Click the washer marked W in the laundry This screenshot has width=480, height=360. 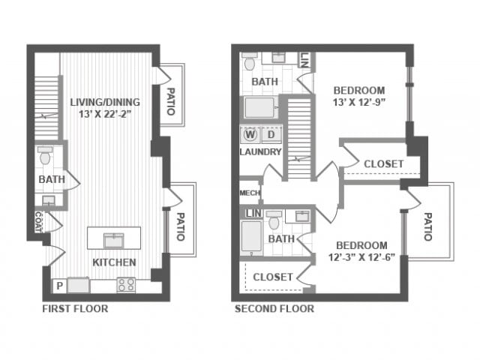pos(250,135)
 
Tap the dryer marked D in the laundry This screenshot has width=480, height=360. pos(271,135)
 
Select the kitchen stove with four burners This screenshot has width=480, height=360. pos(126,285)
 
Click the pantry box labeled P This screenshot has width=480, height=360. pos(60,286)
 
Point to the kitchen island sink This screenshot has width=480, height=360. pos(114,240)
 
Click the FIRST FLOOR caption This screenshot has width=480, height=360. pos(75,308)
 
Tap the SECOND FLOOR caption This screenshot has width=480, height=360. pos(274,308)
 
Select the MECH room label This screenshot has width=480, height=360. pos(250,193)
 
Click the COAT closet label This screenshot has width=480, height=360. pos(38,222)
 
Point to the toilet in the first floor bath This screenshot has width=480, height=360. pos(45,155)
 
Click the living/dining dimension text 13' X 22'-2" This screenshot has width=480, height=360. pos(105,114)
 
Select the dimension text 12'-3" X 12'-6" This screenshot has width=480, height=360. pos(361,257)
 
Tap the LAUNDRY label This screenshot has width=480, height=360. pos(260,151)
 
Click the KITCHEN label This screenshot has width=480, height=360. pos(114,262)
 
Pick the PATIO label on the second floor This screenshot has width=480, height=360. pos(427,226)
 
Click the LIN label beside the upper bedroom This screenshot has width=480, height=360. pos(305,60)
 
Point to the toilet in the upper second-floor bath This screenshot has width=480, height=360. pos(250,61)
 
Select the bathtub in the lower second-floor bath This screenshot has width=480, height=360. pos(252,235)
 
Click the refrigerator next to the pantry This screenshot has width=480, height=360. pos(79,285)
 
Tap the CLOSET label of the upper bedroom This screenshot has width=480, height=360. pos(383,164)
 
